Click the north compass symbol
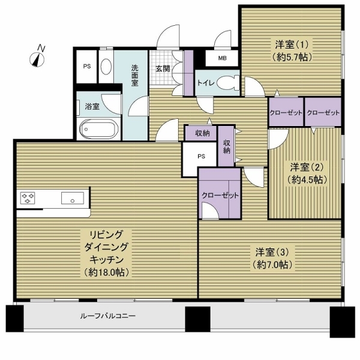tap(39, 58)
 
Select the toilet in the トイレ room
tap(226, 84)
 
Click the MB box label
tap(222, 58)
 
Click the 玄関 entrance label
tap(163, 68)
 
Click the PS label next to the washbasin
tap(87, 67)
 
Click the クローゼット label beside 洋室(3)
tap(220, 196)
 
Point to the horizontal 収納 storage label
tap(202, 133)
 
